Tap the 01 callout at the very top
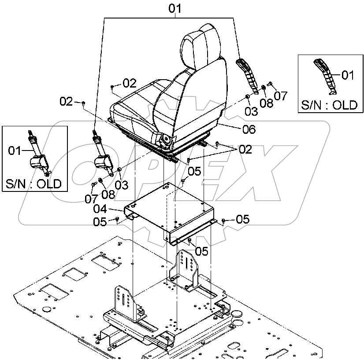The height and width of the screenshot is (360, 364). (175, 8)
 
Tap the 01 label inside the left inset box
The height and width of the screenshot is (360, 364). (15, 151)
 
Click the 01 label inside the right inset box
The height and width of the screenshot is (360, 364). (348, 75)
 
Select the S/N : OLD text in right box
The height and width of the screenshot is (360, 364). (329, 105)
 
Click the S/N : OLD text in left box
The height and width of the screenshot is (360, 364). (33, 184)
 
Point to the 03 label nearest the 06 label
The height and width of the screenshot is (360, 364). (251, 111)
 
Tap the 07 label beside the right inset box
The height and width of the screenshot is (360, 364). (280, 95)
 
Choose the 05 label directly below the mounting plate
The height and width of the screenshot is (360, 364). (201, 251)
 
